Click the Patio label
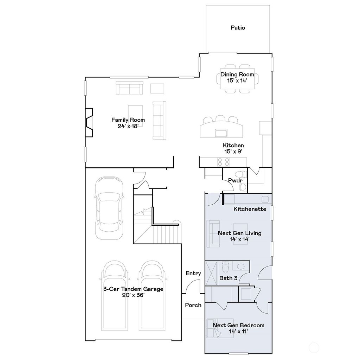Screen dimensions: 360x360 click(238, 27)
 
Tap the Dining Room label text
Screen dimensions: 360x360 click(237, 75)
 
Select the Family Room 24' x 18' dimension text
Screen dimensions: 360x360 click(128, 126)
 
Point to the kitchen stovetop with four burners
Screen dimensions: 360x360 click(224, 162)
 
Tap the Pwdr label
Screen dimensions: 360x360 click(235, 180)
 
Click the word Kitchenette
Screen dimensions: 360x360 click(250, 209)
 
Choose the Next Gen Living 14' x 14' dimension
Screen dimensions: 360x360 click(239, 239)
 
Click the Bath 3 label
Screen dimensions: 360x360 click(229, 278)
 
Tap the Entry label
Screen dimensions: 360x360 click(193, 273)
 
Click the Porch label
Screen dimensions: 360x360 click(193, 305)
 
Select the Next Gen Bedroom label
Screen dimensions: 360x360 click(238, 325)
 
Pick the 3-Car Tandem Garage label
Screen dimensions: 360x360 click(133, 289)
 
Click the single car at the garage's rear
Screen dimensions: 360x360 click(109, 208)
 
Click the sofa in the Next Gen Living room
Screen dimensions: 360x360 click(213, 233)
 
